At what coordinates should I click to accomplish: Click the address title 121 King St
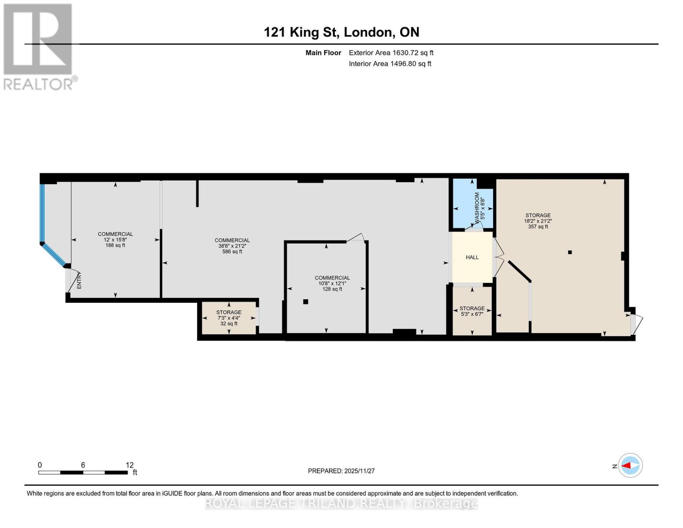point(341,32)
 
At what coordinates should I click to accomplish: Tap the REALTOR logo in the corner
point(39,46)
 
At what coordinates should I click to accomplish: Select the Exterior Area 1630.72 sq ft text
point(391,53)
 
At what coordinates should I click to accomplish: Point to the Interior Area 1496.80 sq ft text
point(390,64)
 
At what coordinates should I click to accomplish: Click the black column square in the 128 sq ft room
point(306,302)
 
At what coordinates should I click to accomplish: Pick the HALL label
point(472,257)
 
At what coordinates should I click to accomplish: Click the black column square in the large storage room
point(570,252)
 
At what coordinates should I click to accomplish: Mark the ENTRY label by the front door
point(80,281)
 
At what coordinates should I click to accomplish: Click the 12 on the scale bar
point(129,465)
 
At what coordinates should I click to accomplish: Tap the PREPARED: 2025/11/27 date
point(341,471)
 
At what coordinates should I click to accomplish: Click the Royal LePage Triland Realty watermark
point(341,503)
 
